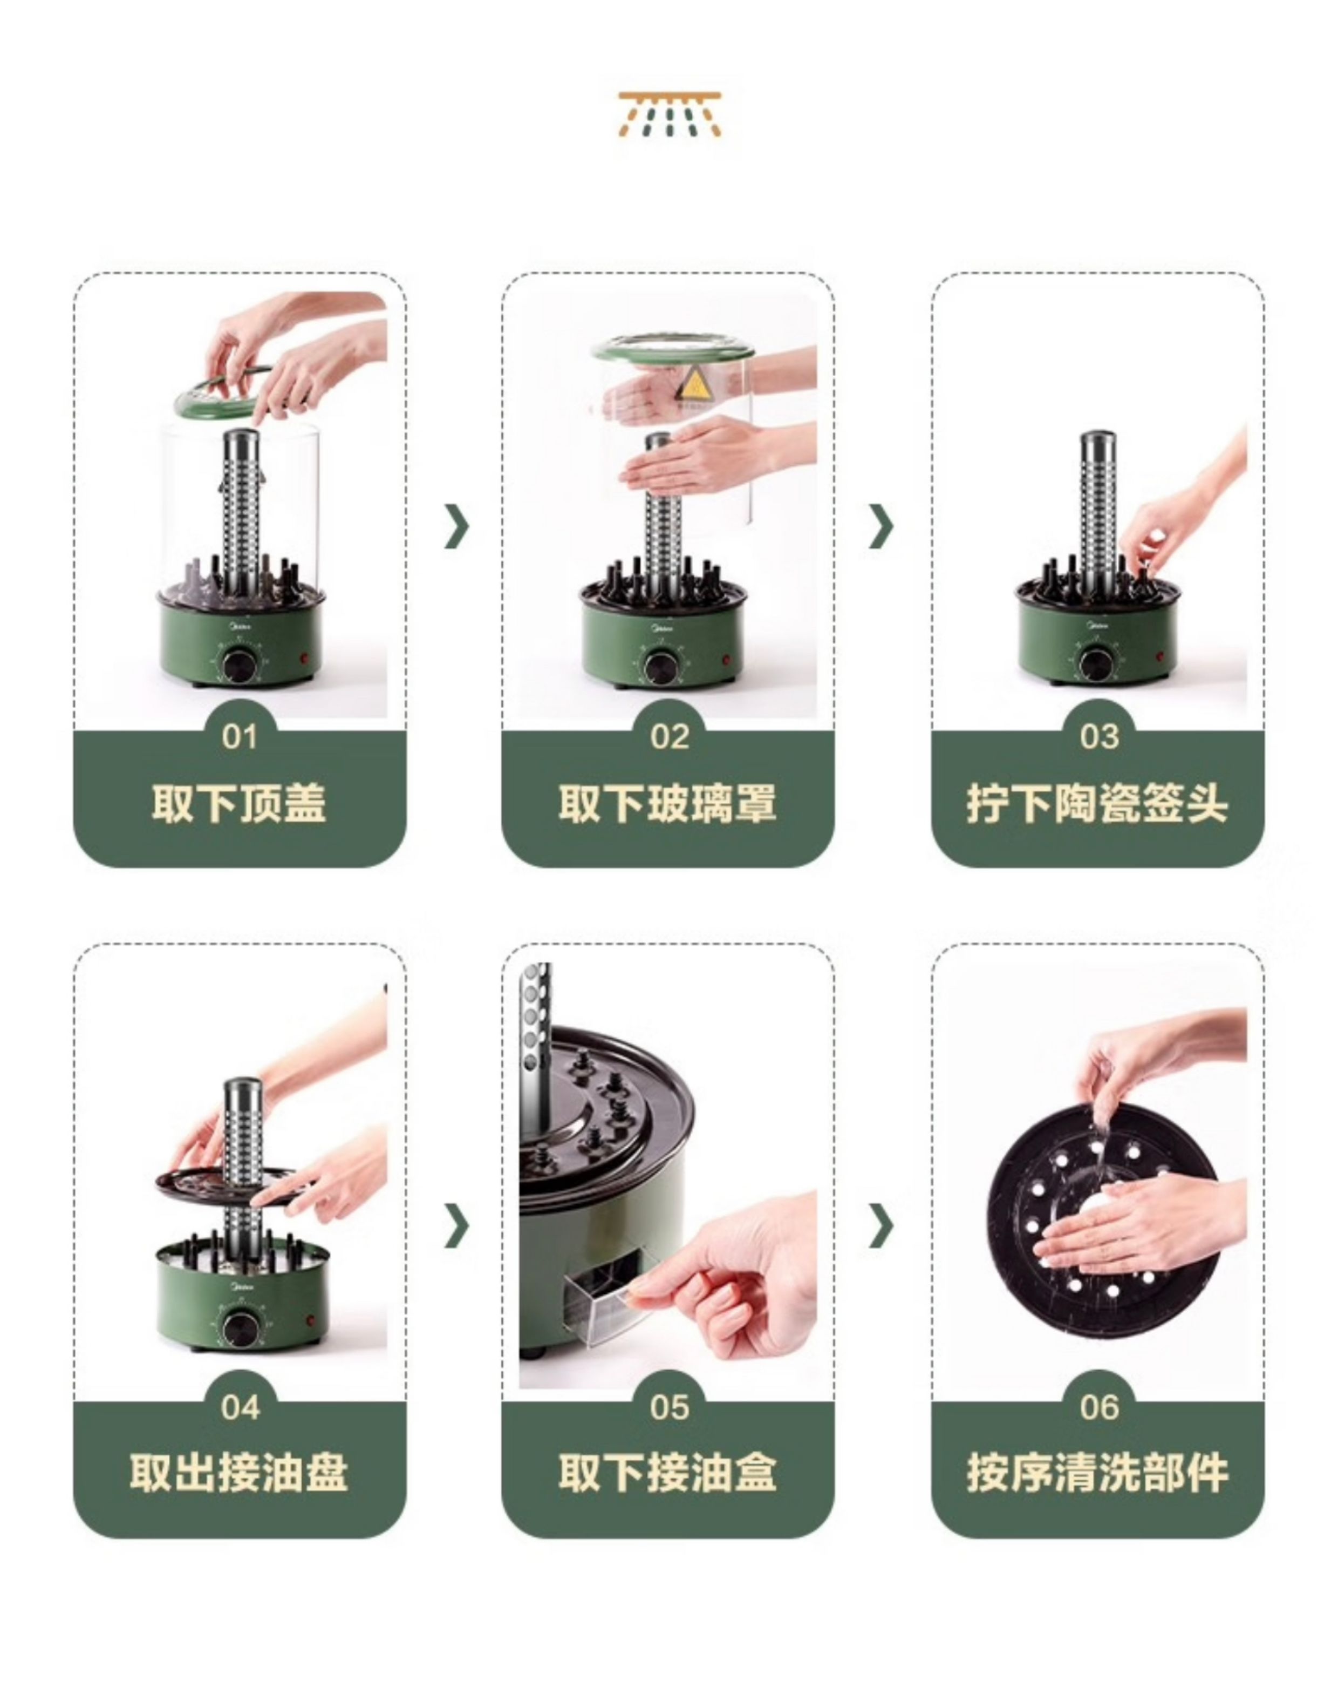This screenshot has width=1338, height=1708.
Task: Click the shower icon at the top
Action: [670, 115]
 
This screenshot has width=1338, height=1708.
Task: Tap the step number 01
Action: [240, 737]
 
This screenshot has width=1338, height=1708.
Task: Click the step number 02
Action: [670, 737]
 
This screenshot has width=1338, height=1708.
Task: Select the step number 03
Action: [1099, 737]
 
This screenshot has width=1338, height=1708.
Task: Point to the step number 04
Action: [240, 1408]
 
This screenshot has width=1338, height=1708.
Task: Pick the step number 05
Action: [670, 1408]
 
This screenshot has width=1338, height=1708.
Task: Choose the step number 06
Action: [1099, 1408]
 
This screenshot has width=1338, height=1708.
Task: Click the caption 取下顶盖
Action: [239, 804]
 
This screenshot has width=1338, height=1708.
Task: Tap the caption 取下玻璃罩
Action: [668, 804]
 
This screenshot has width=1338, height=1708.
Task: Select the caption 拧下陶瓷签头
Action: [1097, 804]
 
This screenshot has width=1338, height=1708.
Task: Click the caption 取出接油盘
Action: [239, 1474]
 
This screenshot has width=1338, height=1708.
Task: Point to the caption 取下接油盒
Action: [668, 1474]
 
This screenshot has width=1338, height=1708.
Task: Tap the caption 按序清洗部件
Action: [1097, 1474]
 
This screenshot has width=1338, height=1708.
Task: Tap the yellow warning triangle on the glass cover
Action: [693, 385]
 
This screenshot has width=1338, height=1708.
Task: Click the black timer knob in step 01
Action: [239, 666]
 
